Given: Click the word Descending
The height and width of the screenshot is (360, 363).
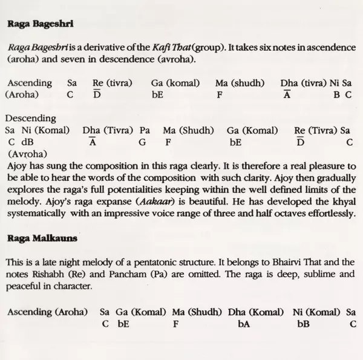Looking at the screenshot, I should click(x=31, y=119).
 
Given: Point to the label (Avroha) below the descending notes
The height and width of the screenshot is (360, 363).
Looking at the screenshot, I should click(x=24, y=154).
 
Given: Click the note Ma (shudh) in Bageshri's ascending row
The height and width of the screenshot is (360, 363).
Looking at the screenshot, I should click(x=238, y=82).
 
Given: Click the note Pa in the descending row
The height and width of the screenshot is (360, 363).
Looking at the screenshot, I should click(x=145, y=130).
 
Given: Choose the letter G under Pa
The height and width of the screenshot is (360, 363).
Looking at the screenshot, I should click(x=142, y=142).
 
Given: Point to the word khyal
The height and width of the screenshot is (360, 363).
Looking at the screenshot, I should click(x=344, y=201).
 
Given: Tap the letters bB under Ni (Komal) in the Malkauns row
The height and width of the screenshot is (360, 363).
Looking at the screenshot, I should click(x=303, y=324).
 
